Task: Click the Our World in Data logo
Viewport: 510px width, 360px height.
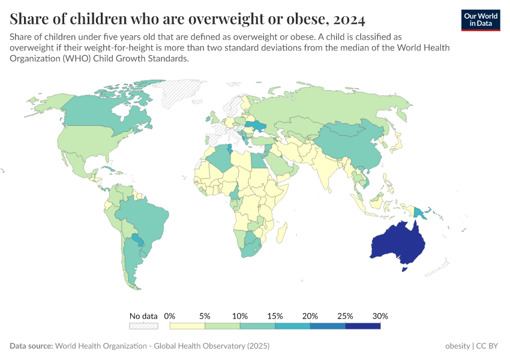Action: tap(481, 19)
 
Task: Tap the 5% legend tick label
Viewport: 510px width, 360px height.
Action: tap(205, 316)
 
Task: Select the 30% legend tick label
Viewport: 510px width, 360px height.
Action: tap(380, 316)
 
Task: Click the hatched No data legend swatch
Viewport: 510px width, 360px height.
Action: tap(143, 326)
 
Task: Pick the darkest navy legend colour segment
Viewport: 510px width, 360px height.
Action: tap(363, 326)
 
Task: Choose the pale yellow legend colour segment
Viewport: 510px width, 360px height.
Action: tap(187, 326)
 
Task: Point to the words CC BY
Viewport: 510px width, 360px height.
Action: tap(489, 346)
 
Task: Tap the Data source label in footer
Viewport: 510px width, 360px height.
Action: tap(31, 346)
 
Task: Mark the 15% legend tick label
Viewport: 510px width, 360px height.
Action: tap(275, 316)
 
